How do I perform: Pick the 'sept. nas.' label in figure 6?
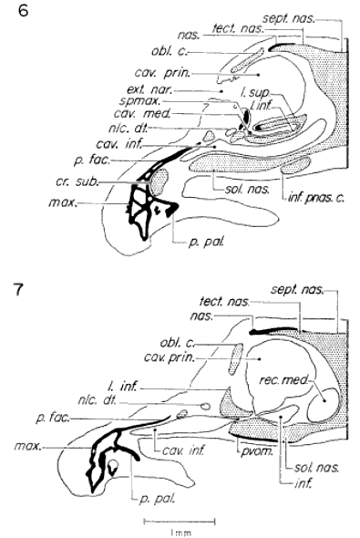tap(310, 16)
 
